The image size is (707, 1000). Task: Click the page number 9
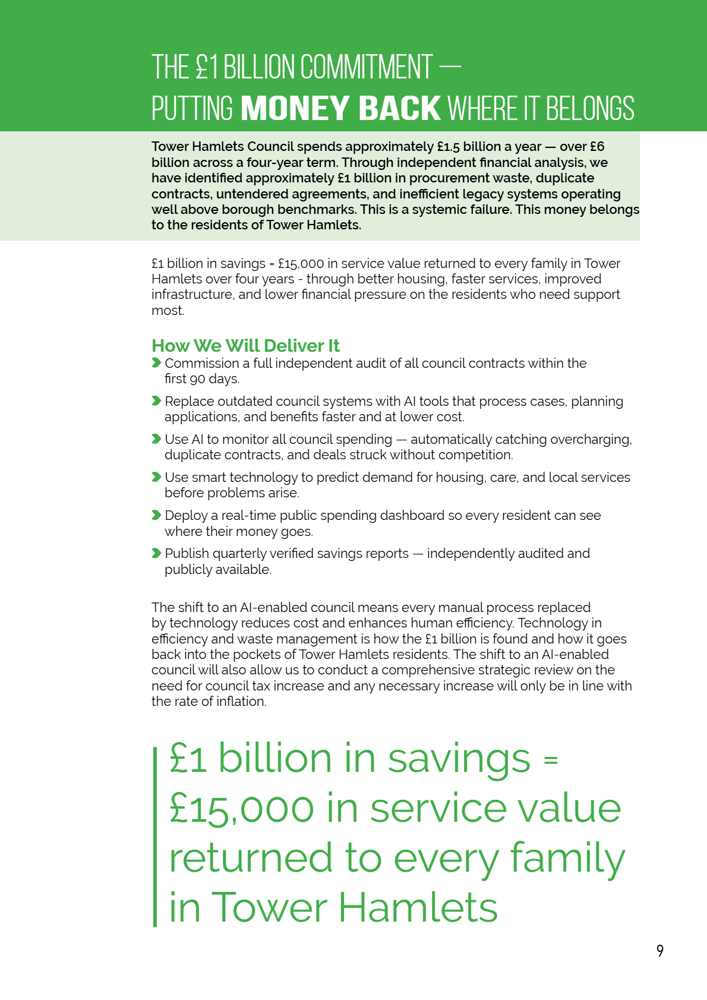[660, 951]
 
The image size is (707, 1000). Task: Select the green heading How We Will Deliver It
[245, 346]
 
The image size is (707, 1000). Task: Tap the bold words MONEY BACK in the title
[341, 109]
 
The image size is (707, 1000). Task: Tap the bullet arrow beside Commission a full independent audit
[156, 363]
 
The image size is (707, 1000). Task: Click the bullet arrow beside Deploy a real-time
[156, 515]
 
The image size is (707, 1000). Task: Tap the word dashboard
[415, 516]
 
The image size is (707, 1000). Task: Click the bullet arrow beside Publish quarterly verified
[156, 553]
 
